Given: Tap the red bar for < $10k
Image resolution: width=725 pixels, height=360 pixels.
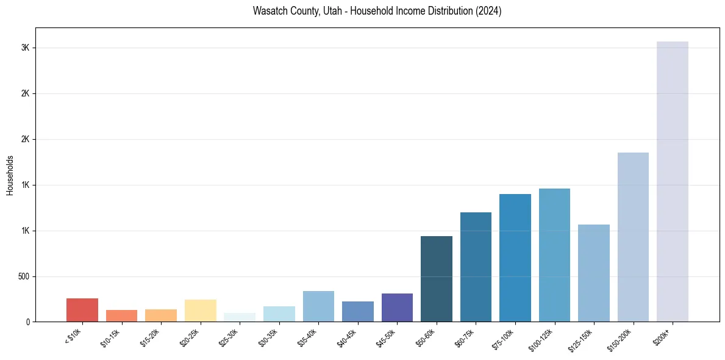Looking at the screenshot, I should pyautogui.click(x=82, y=310).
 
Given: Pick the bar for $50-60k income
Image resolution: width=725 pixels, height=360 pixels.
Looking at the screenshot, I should pyautogui.click(x=437, y=279).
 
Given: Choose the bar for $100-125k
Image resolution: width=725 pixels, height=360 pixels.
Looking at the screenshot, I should pyautogui.click(x=554, y=255).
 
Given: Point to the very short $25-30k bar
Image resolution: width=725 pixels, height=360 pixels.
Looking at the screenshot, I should pyautogui.click(x=240, y=317).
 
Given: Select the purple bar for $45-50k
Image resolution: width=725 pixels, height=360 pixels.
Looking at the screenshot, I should pyautogui.click(x=397, y=308).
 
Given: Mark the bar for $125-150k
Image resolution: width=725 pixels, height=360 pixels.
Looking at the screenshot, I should pyautogui.click(x=594, y=273).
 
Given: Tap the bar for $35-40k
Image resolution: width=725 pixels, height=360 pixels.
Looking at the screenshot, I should pyautogui.click(x=318, y=306).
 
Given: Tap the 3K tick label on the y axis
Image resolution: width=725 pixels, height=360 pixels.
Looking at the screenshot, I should pyautogui.click(x=25, y=48).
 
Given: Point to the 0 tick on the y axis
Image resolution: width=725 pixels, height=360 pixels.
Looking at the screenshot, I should pyautogui.click(x=28, y=322).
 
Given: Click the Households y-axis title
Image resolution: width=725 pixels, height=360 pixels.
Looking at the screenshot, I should pyautogui.click(x=10, y=175).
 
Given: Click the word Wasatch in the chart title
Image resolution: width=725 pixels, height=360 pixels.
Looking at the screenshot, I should pyautogui.click(x=268, y=11).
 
